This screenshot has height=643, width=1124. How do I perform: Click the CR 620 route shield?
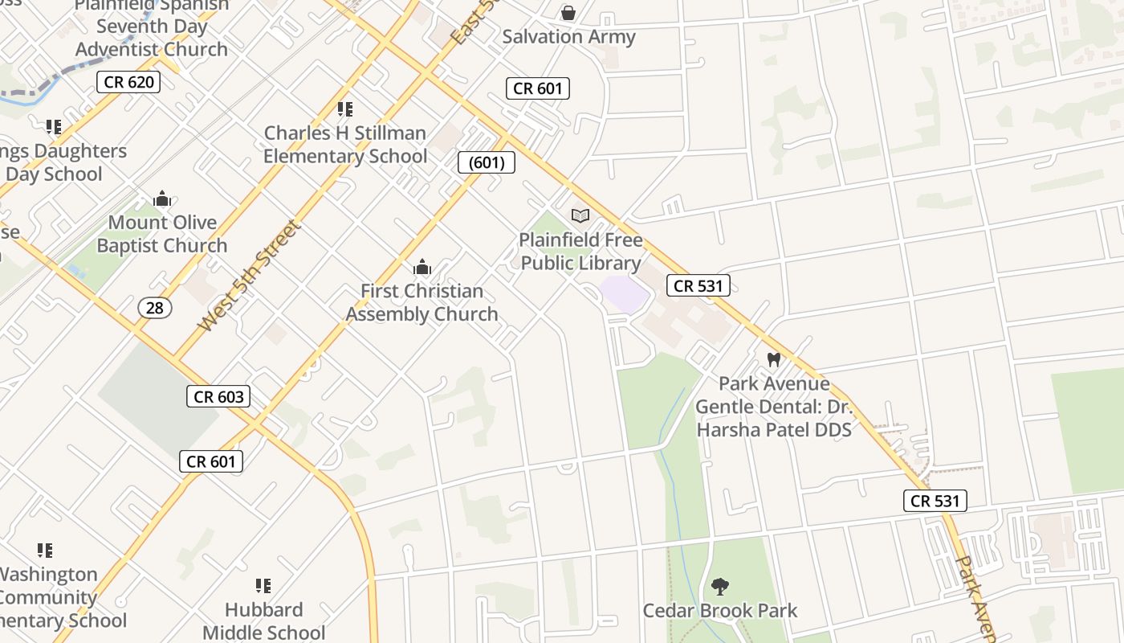(x=128, y=82)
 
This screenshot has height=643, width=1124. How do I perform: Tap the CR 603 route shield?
(x=218, y=396)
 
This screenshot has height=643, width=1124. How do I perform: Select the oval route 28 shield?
(x=155, y=307)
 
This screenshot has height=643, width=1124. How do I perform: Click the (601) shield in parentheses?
(x=487, y=162)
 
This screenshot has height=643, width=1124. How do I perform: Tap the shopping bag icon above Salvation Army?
(x=568, y=13)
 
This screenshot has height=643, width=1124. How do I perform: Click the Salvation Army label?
(x=568, y=37)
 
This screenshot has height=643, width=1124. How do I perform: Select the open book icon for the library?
(x=580, y=215)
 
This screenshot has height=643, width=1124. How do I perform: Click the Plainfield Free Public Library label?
(x=580, y=252)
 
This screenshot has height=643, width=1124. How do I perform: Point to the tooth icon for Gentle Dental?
(x=774, y=360)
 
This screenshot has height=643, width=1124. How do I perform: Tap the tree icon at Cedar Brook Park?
(x=720, y=587)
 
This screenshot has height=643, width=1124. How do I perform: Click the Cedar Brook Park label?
(x=720, y=611)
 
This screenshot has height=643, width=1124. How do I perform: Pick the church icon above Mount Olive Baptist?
(x=162, y=199)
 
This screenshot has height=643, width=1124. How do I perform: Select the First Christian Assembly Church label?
(x=421, y=302)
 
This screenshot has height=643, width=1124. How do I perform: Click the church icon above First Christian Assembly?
(x=421, y=268)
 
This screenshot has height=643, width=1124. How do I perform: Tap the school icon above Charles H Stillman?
(x=345, y=109)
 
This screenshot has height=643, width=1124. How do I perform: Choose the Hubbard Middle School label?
(x=263, y=620)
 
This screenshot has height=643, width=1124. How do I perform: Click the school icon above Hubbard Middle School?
(x=263, y=586)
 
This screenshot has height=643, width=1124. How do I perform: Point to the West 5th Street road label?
(x=250, y=276)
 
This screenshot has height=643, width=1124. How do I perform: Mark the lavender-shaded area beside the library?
(x=624, y=295)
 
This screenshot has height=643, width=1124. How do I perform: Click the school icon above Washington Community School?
(x=45, y=551)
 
